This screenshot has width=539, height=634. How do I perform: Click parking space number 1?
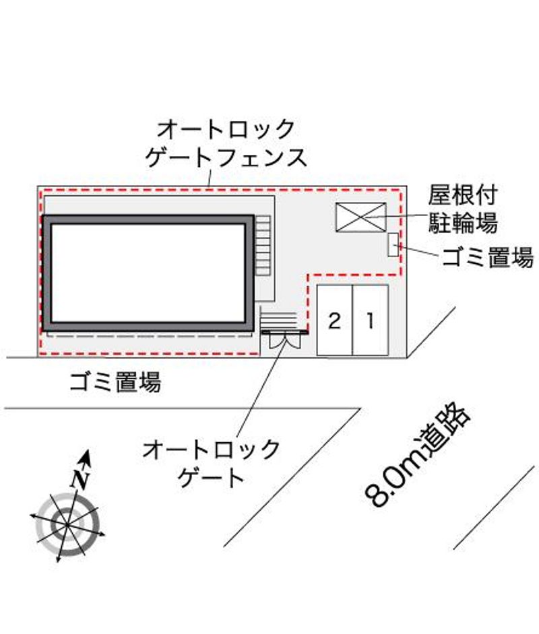coord(371,320)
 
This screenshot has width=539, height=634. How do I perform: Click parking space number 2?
coord(335,320)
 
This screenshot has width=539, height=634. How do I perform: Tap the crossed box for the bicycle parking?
coord(361,217)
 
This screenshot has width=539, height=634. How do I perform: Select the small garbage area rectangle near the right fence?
coord(393,244)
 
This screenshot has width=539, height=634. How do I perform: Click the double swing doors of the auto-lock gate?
coord(285,341)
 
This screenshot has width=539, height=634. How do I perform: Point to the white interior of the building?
coord(148,273)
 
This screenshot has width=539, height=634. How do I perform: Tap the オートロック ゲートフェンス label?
coord(226,143)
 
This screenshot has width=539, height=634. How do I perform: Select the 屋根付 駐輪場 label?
coord(463,209)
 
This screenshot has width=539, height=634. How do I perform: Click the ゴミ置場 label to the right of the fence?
coord(488,257)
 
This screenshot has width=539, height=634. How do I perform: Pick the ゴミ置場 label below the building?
coord(115,382)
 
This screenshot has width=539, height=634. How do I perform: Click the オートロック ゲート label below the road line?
coord(212,463)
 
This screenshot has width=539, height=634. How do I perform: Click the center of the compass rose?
coord(67,524)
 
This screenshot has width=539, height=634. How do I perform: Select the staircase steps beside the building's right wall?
coord(263,246)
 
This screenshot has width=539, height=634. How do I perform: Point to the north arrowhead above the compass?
coord(86,458)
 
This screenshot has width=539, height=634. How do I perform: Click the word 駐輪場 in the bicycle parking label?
coord(463,222)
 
